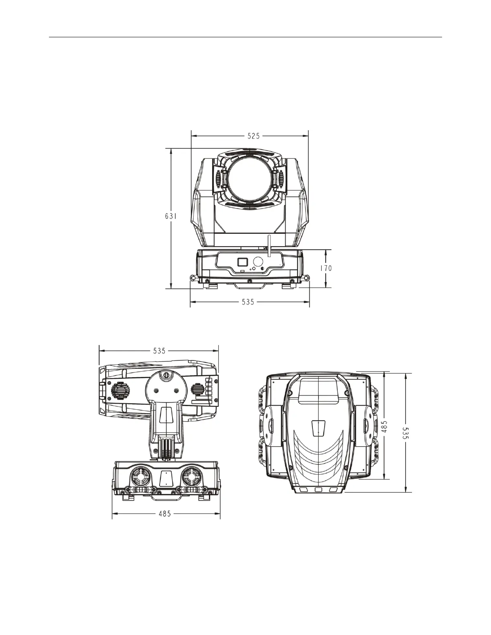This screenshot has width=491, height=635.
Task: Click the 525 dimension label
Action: pyautogui.click(x=254, y=136)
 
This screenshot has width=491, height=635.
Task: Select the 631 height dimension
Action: pyautogui.click(x=171, y=216)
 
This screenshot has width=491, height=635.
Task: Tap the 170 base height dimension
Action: pyautogui.click(x=326, y=268)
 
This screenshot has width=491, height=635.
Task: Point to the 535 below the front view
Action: pyautogui.click(x=248, y=302)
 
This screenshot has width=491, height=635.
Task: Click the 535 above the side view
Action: pyautogui.click(x=159, y=351)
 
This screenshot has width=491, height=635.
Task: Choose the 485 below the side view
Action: pyautogui.click(x=164, y=514)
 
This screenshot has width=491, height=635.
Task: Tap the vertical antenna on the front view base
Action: pyautogui.click(x=269, y=246)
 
